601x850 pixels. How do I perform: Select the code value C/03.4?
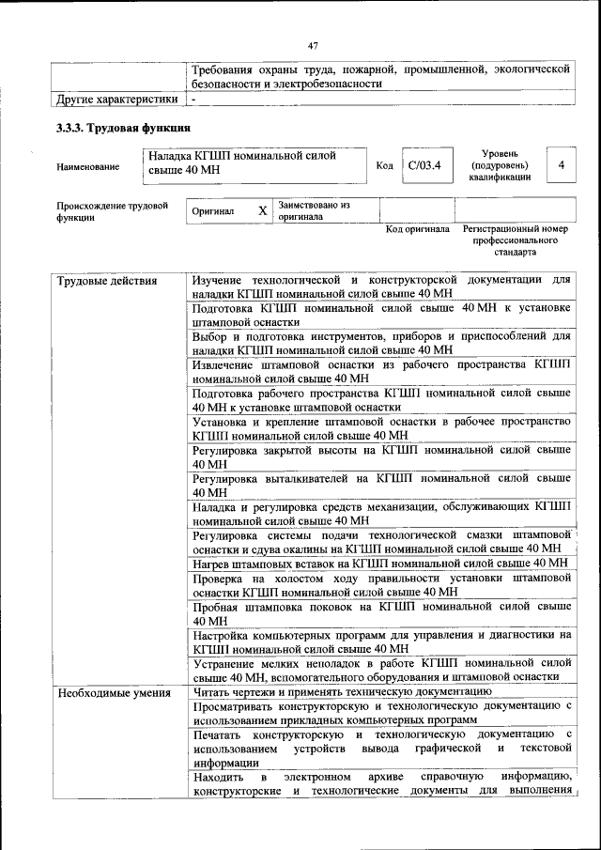pyautogui.click(x=424, y=166)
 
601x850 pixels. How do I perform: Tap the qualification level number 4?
pyautogui.click(x=561, y=165)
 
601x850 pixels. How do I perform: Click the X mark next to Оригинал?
pyautogui.click(x=262, y=210)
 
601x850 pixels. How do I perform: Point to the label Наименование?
pyautogui.click(x=88, y=167)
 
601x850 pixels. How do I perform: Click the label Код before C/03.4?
pyautogui.click(x=384, y=166)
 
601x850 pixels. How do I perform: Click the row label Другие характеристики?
pyautogui.click(x=116, y=99)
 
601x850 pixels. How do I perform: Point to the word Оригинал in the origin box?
pyautogui.click(x=213, y=211)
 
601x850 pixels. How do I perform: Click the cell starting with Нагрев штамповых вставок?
pyautogui.click(x=380, y=564)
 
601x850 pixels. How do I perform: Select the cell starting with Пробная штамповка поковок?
pyautogui.click(x=381, y=613)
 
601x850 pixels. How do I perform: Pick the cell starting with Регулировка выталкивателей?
pyautogui.click(x=381, y=485)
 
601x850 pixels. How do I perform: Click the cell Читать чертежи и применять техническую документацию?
pyautogui.click(x=342, y=692)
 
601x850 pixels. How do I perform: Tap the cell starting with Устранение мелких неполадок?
pyautogui.click(x=381, y=670)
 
